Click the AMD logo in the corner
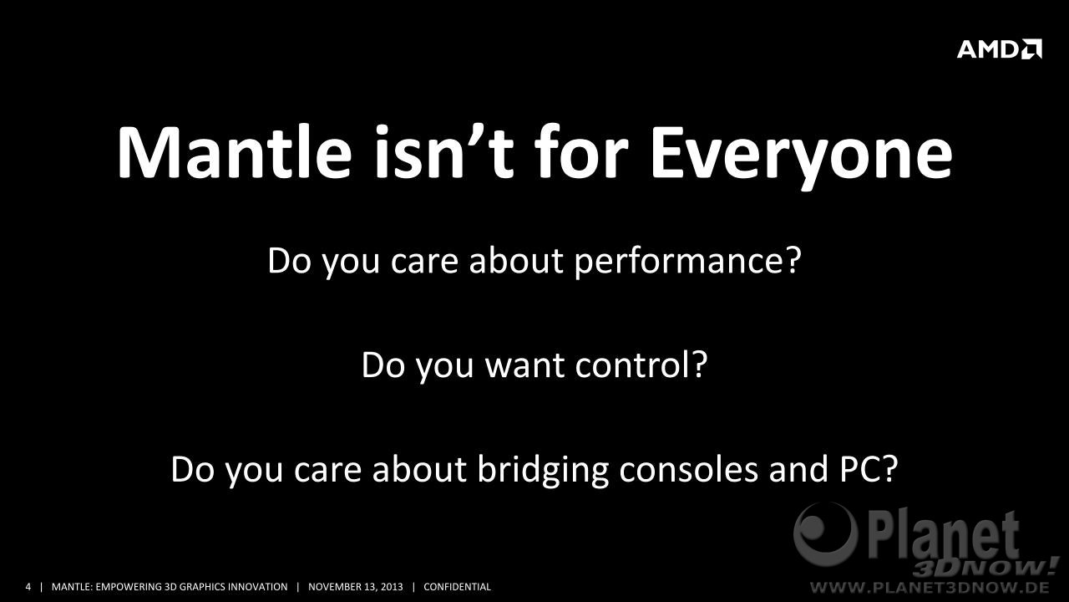[x=1000, y=49]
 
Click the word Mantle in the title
[x=235, y=152]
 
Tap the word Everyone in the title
[x=801, y=158]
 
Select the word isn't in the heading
[x=443, y=152]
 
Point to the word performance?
[x=687, y=262]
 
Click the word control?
[x=641, y=365]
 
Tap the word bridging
[x=543, y=470]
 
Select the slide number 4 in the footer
[x=28, y=587]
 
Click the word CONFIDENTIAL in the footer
[x=457, y=587]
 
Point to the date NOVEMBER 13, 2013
[x=356, y=587]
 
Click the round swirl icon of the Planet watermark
[x=825, y=534]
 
